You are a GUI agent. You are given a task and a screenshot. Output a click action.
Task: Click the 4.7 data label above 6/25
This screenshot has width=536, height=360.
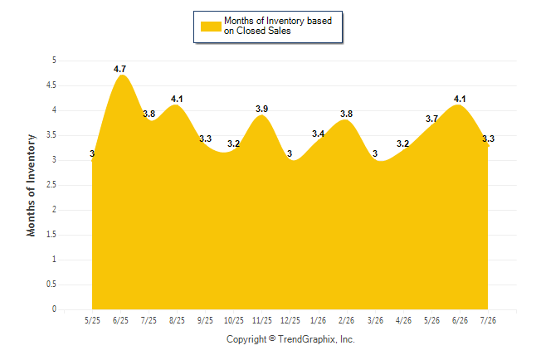click(119, 69)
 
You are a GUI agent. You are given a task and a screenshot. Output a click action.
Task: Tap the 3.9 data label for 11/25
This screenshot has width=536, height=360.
click(262, 109)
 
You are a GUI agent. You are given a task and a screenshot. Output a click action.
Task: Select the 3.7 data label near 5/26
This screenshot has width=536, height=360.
click(431, 119)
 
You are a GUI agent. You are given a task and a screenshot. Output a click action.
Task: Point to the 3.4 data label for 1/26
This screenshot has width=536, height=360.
click(319, 134)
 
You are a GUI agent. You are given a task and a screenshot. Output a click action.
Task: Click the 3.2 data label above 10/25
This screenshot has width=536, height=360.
click(233, 144)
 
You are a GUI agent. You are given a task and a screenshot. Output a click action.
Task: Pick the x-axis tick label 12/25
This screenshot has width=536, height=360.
click(290, 320)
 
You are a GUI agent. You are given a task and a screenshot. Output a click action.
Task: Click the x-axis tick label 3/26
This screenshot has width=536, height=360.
click(375, 320)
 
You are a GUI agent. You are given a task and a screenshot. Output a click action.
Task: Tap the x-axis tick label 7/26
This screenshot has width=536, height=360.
click(488, 320)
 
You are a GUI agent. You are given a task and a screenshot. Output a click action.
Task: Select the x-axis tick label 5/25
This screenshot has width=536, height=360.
click(92, 320)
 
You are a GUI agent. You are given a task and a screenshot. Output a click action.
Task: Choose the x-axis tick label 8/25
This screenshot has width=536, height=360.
click(177, 320)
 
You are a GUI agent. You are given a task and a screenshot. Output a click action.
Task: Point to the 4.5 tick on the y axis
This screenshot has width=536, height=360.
click(51, 85)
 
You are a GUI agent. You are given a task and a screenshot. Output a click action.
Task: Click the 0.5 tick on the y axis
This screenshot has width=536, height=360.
click(51, 285)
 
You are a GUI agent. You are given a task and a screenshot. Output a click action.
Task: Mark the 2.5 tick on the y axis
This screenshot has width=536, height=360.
click(51, 185)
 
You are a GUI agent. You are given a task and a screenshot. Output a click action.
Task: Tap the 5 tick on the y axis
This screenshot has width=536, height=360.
click(54, 61)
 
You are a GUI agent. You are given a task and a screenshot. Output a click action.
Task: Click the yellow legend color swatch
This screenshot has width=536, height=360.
click(211, 27)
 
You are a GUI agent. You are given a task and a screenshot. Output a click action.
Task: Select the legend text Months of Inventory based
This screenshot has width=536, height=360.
click(278, 21)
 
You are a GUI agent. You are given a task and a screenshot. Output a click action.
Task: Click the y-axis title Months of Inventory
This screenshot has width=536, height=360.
click(31, 185)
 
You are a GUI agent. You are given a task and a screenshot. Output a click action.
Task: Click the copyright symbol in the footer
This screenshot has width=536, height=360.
click(272, 338)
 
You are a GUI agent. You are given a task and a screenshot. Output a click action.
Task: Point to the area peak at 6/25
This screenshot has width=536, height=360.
click(122, 75)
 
